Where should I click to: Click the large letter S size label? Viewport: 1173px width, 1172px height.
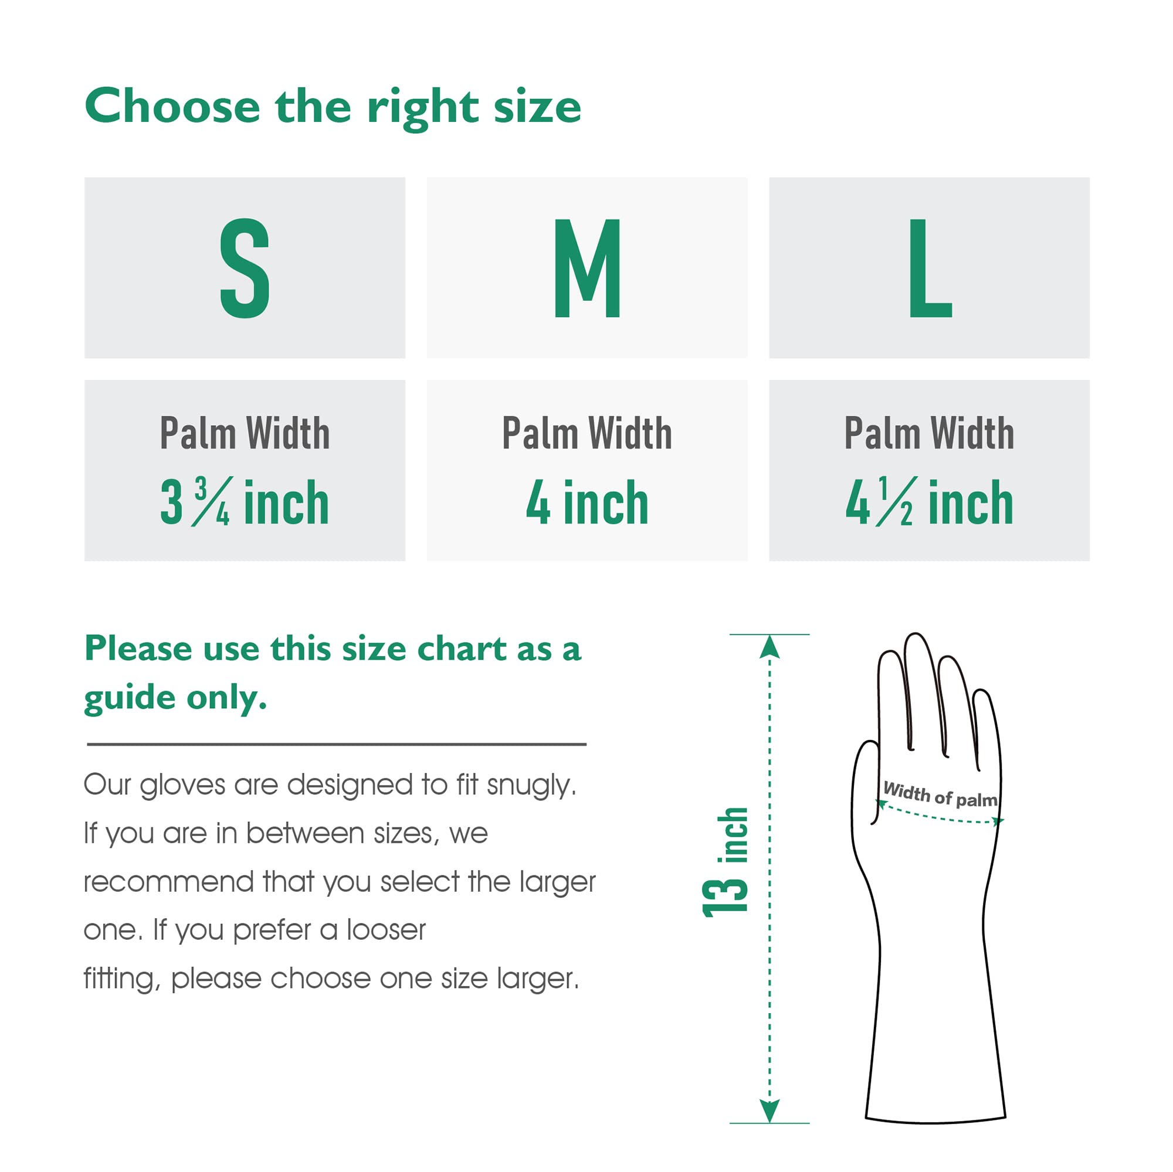click(x=244, y=269)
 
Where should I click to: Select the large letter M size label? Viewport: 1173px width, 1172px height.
click(x=586, y=269)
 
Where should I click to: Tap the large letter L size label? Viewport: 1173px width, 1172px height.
click(x=930, y=269)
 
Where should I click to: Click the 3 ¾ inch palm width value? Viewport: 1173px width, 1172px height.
click(x=244, y=502)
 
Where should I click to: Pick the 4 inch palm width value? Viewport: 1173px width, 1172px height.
click(x=586, y=502)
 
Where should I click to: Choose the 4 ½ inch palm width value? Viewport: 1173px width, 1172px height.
click(x=929, y=502)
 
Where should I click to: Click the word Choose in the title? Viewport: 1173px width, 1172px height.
click(x=172, y=107)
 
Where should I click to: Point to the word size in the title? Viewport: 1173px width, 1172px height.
click(x=537, y=107)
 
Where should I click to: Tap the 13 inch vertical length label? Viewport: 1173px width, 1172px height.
click(x=725, y=862)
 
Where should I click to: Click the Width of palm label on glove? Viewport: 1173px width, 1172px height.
click(x=940, y=794)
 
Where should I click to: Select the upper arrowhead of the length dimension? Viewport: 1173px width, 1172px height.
click(x=769, y=647)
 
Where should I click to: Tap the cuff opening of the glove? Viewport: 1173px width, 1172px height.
click(x=935, y=1118)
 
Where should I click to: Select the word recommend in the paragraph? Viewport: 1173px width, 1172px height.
click(x=168, y=882)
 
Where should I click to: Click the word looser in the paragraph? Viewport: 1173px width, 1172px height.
click(x=386, y=930)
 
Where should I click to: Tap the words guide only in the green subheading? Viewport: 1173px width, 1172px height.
click(x=175, y=698)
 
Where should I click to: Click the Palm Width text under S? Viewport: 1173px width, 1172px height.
click(x=244, y=433)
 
